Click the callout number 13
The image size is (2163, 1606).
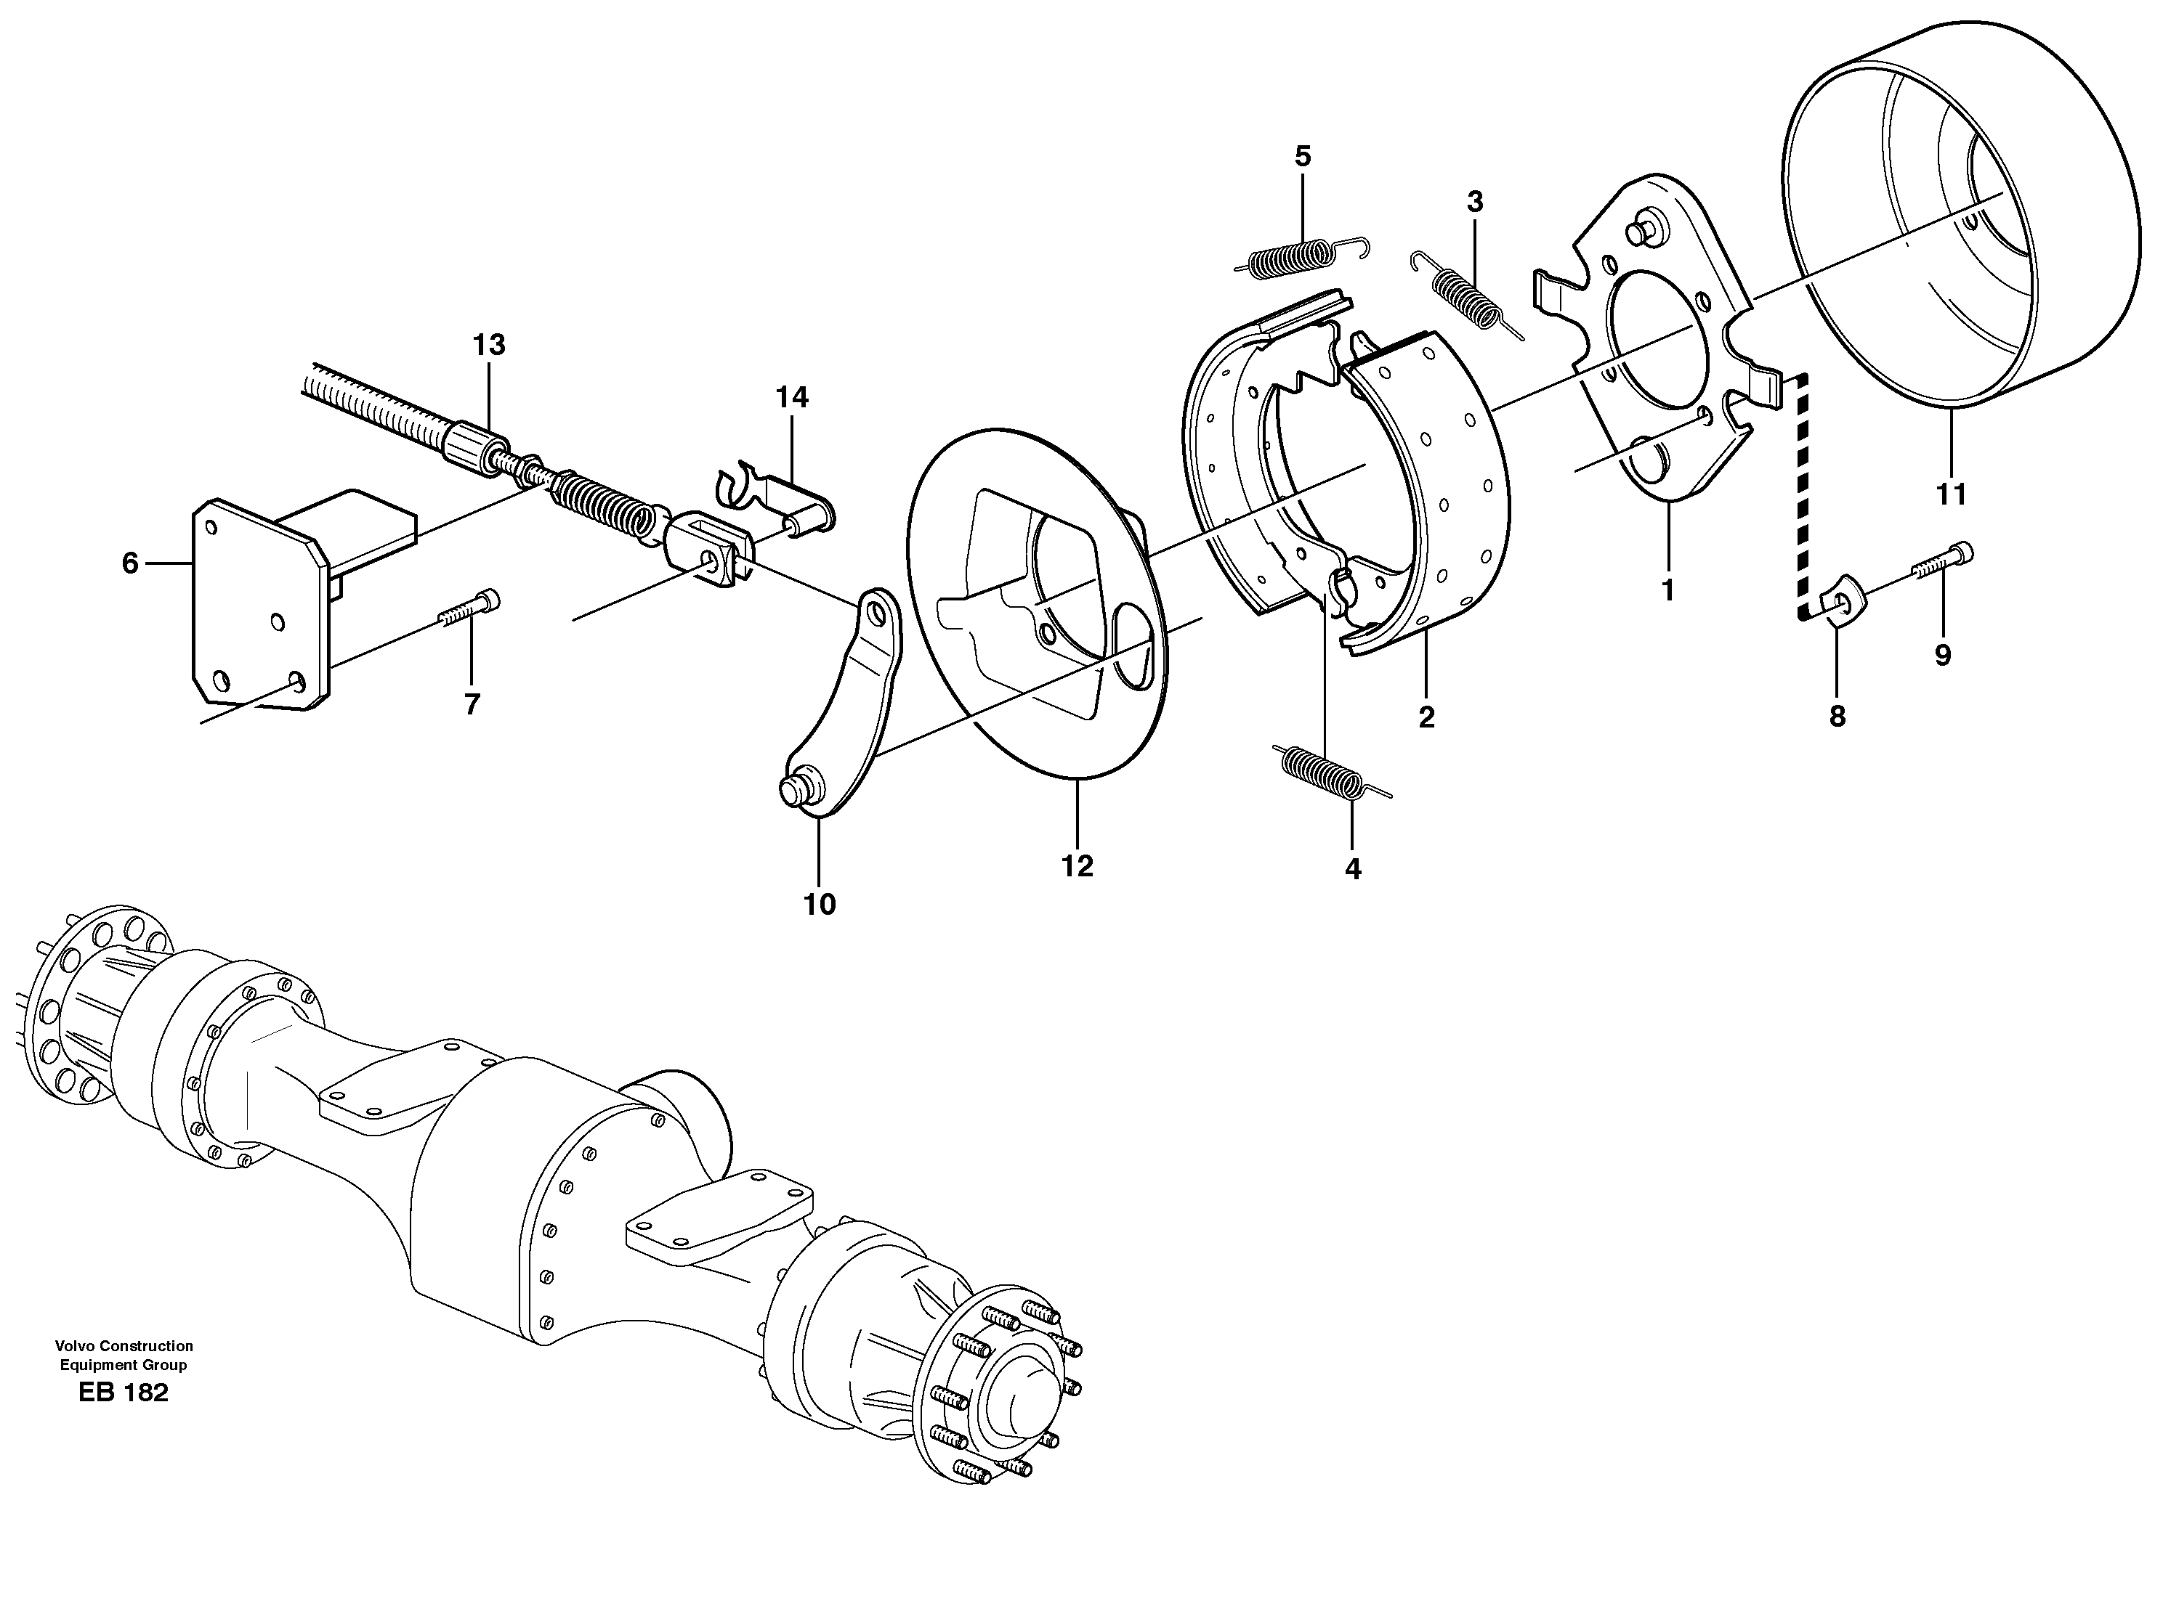point(489,345)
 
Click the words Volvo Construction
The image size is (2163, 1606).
point(124,1346)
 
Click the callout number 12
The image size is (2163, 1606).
point(1077,866)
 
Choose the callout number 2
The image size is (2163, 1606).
point(1426,717)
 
